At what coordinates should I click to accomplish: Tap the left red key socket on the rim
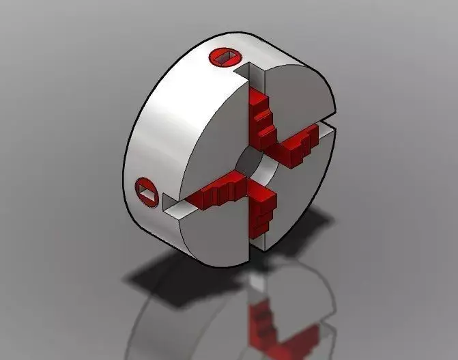click(148, 189)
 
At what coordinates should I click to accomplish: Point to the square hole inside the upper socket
click(225, 57)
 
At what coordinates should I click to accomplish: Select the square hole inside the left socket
click(149, 191)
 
